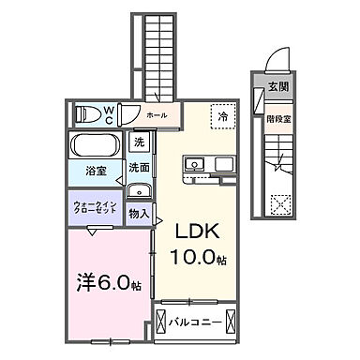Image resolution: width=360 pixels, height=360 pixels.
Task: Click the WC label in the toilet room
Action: [109, 114]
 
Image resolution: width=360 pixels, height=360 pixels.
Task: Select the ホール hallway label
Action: [157, 115]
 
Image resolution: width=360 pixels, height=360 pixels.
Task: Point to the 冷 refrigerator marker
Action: [223, 118]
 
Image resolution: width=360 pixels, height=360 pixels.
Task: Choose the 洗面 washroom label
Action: [139, 167]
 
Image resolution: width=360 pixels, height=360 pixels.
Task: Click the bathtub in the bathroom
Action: [96, 148]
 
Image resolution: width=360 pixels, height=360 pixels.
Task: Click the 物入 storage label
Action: [139, 214]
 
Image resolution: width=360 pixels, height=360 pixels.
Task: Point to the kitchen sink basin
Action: [198, 166]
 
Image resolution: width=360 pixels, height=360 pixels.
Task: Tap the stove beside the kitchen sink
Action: [225, 166]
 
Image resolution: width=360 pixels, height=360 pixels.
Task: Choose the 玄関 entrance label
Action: [278, 86]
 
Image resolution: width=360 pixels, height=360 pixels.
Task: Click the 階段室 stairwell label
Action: [278, 120]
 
